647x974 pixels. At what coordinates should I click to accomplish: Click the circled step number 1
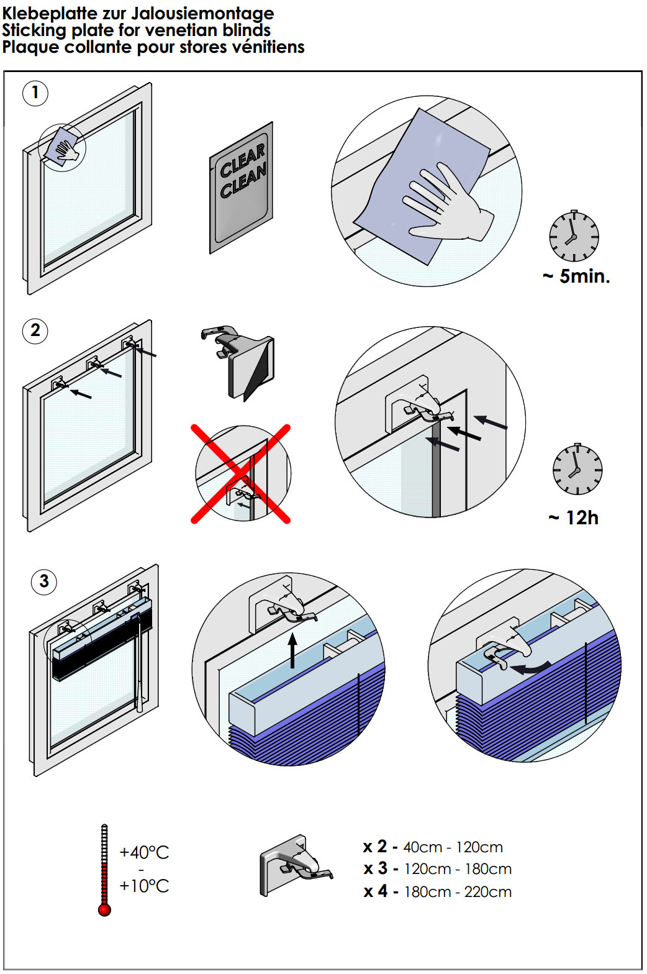click(x=35, y=93)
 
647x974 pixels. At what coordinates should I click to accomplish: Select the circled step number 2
click(x=35, y=330)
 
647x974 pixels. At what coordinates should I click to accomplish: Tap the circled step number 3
click(x=43, y=582)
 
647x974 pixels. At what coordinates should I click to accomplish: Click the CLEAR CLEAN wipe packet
click(x=242, y=188)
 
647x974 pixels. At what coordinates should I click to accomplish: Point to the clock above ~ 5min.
click(x=574, y=236)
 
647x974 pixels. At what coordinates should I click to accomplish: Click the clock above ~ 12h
click(x=577, y=470)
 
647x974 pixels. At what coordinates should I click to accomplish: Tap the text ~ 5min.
click(x=576, y=276)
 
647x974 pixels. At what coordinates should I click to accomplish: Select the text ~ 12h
click(x=573, y=517)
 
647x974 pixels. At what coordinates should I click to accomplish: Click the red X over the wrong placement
click(x=240, y=474)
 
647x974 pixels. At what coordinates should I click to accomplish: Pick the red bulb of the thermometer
click(x=104, y=910)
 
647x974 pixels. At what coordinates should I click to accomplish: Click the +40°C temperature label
click(x=144, y=852)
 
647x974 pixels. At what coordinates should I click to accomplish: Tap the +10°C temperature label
click(x=144, y=886)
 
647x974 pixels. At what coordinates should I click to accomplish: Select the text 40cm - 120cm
click(x=453, y=847)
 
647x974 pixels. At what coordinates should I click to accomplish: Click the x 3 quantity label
click(x=376, y=868)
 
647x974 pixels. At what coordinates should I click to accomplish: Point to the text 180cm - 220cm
click(x=458, y=892)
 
